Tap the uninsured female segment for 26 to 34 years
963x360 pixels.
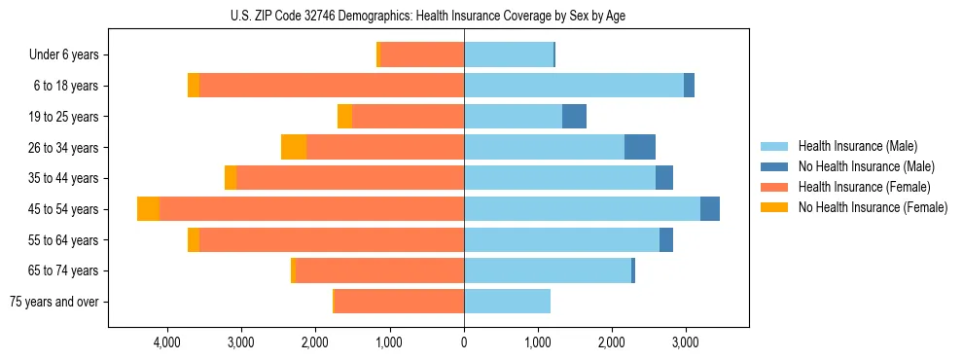tap(294, 147)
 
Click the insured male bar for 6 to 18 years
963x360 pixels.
tap(574, 86)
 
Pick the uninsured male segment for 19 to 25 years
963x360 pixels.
tap(574, 117)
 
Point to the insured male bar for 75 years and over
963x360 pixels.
tap(507, 302)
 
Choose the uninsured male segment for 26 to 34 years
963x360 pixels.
tap(639, 147)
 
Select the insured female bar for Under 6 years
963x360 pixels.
tap(421, 54)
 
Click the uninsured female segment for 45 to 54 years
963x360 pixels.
tap(148, 209)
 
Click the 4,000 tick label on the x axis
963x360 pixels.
tap(166, 342)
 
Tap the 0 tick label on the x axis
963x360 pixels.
tap(464, 342)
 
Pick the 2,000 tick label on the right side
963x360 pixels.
tap(611, 342)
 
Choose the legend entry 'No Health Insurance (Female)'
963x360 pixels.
tap(873, 207)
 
